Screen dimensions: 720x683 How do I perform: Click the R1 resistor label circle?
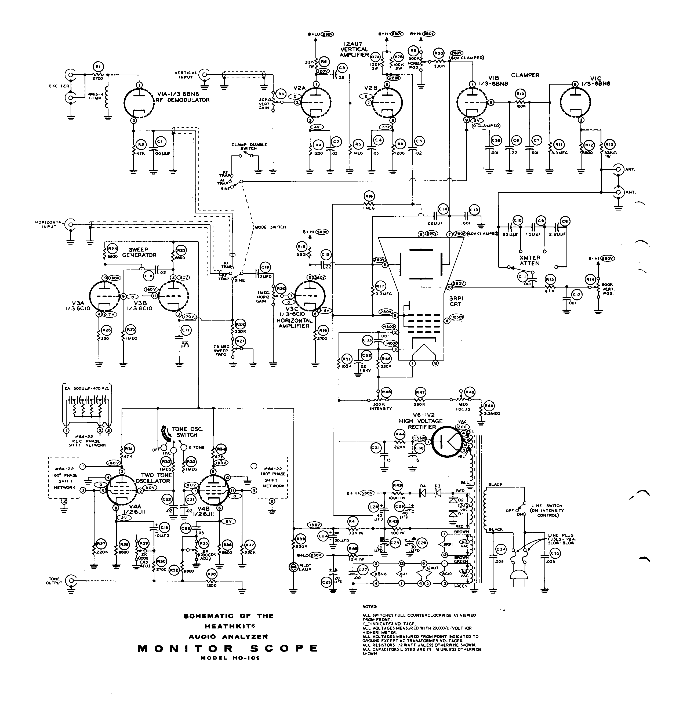point(97,67)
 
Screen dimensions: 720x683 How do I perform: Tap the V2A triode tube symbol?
point(316,102)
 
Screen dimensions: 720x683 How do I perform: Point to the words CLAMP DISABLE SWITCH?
point(249,146)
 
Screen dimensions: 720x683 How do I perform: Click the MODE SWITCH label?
point(270,227)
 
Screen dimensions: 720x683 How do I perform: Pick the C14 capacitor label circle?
point(443,209)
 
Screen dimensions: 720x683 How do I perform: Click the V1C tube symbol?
point(575,102)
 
